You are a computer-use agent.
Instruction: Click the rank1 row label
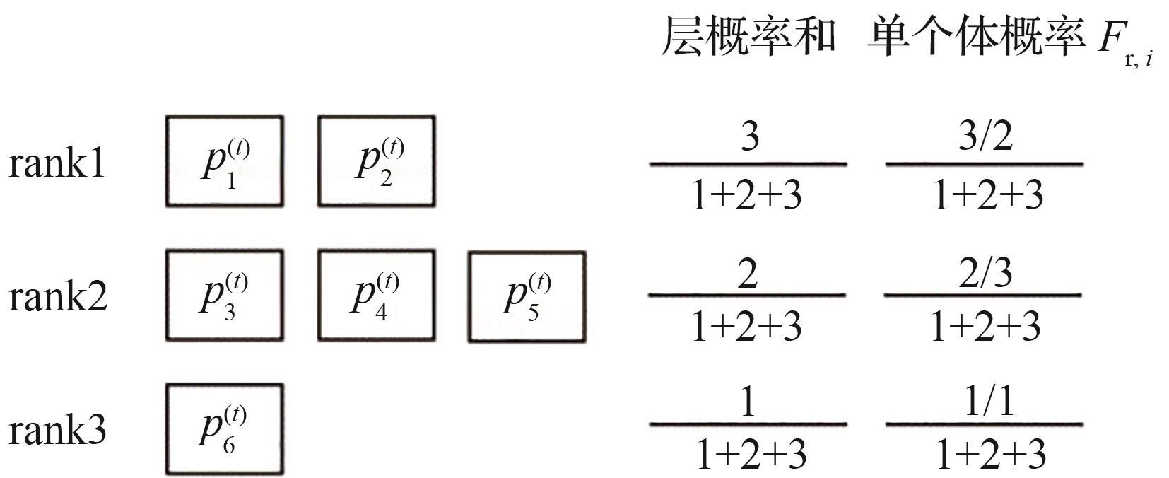click(57, 163)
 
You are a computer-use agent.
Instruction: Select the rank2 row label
click(57, 296)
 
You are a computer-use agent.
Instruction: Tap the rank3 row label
click(57, 429)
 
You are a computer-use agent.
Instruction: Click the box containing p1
click(225, 162)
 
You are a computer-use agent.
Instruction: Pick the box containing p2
click(376, 162)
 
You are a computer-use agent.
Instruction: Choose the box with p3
click(225, 296)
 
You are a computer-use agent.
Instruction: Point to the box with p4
click(376, 296)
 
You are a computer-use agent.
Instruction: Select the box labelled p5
click(527, 297)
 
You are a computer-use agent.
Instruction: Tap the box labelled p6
click(225, 429)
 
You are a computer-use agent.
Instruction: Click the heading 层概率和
click(748, 37)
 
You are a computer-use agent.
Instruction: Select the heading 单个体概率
click(976, 37)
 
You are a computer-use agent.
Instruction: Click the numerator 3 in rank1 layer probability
click(749, 136)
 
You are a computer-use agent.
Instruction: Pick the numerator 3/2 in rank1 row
click(985, 136)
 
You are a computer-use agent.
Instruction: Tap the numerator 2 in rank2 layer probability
click(748, 273)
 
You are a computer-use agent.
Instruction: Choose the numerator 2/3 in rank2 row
click(985, 273)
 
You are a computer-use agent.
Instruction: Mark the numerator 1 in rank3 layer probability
click(748, 402)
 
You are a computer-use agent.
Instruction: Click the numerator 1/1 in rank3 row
click(988, 402)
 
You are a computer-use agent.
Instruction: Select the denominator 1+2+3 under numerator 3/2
click(987, 195)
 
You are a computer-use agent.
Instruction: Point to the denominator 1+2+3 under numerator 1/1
click(990, 454)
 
